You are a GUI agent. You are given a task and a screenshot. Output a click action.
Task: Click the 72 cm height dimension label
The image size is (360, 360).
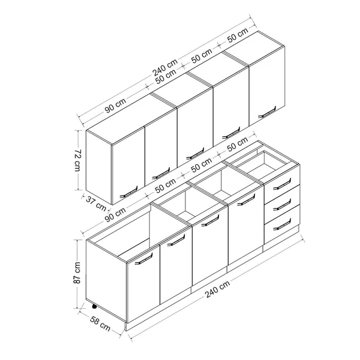tap(77, 161)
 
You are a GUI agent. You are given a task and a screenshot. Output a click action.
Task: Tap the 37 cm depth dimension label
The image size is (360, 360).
tap(96, 204)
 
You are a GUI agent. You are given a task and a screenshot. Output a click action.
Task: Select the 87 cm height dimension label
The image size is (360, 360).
tap(77, 273)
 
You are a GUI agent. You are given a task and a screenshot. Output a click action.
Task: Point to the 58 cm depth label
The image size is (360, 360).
tap(100, 324)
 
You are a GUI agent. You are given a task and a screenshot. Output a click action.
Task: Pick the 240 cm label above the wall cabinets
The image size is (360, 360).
tap(165, 67)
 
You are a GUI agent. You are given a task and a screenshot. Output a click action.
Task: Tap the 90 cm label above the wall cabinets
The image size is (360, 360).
tap(116, 105)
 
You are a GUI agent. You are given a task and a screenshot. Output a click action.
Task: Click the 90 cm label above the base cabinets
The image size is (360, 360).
tap(116, 214)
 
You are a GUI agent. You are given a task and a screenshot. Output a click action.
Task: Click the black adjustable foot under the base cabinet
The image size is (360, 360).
tap(94, 306)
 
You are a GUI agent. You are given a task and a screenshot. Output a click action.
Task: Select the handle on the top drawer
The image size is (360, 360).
tap(282, 184)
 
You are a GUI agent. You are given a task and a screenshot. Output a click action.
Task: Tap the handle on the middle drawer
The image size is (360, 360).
tap(282, 204)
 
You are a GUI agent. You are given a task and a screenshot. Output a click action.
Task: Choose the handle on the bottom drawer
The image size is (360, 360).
tap(282, 224)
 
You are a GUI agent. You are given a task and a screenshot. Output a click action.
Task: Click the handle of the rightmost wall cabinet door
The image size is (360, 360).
tap(267, 112)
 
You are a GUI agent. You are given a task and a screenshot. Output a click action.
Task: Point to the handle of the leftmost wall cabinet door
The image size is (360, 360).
tap(128, 192)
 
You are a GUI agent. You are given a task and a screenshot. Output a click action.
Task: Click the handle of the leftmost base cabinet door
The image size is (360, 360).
tap(144, 259)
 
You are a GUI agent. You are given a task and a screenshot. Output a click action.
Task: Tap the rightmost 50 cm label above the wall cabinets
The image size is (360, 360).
tap(238, 35)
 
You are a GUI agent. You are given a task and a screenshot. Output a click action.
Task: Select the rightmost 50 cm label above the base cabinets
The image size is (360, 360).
tap(238, 144)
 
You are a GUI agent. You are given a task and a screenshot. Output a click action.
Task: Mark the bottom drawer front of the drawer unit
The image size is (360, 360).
tap(282, 224)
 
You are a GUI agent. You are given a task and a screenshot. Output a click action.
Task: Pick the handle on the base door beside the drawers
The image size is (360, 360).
tap(246, 199)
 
